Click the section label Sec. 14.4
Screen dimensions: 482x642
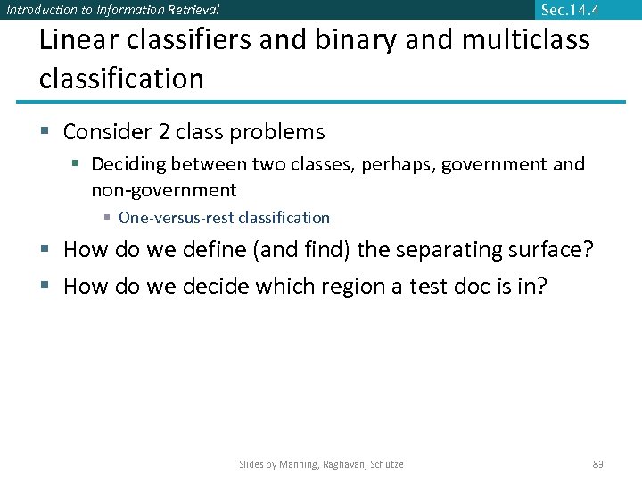tap(570, 10)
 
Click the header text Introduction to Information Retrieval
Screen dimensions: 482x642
tap(112, 11)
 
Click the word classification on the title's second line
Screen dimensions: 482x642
tap(121, 79)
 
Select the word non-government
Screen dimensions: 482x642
tap(164, 190)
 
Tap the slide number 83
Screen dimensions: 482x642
tap(598, 464)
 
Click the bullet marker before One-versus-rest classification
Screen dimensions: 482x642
tap(107, 218)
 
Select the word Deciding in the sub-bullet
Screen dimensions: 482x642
tap(128, 164)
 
